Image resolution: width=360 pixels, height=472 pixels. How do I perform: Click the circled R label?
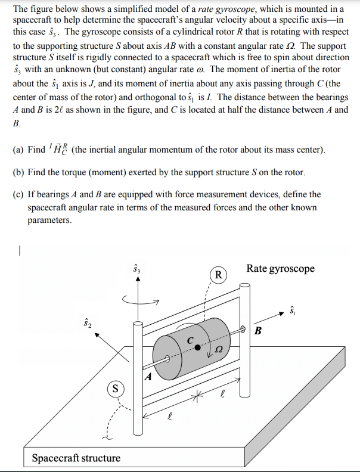[x=219, y=275]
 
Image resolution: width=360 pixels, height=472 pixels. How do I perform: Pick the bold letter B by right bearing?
[x=258, y=331]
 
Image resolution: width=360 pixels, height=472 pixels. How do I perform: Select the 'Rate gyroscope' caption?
[x=280, y=269]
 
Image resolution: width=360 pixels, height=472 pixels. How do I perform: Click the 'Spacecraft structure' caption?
[x=76, y=458]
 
